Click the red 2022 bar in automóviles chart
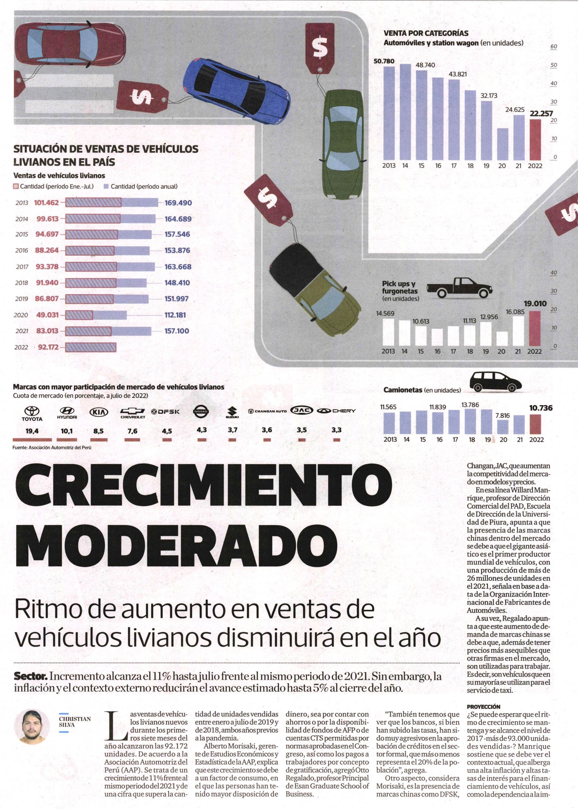[x=535, y=139]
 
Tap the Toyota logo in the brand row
[x=32, y=414]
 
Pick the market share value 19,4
[x=32, y=431]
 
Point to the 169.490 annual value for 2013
[x=178, y=203]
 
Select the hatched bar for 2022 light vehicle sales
[x=91, y=347]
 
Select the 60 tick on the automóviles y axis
[x=553, y=47]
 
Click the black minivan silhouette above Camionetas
[x=495, y=382]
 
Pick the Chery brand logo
[x=336, y=411]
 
